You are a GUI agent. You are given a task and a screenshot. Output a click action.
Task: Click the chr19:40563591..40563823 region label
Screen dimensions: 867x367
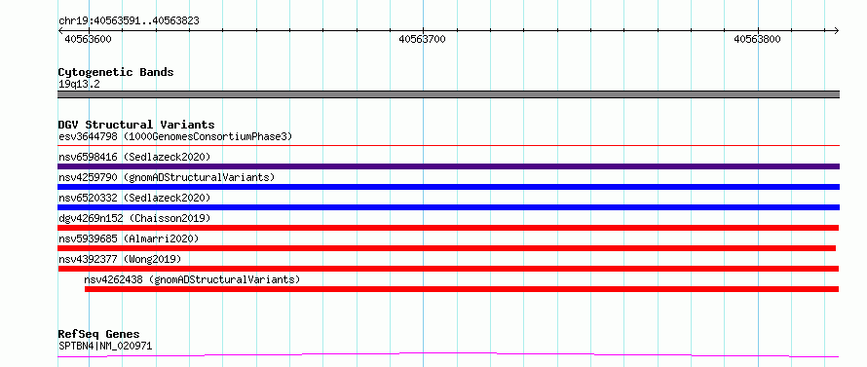click(129, 21)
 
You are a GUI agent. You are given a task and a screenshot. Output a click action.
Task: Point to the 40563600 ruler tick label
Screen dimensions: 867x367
click(88, 39)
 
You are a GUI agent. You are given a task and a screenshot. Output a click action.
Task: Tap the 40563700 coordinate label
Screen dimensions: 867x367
click(422, 39)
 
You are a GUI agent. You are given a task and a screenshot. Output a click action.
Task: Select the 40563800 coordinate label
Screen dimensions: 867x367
click(757, 39)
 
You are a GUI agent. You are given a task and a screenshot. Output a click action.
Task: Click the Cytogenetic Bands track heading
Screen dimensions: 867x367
click(116, 72)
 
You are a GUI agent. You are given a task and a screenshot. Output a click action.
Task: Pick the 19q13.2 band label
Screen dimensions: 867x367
click(79, 85)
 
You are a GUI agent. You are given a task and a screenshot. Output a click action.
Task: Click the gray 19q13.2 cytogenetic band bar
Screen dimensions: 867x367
click(449, 94)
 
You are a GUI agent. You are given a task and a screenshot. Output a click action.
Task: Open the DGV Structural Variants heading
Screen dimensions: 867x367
click(136, 125)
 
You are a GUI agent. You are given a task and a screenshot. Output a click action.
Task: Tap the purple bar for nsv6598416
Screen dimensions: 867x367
click(449, 166)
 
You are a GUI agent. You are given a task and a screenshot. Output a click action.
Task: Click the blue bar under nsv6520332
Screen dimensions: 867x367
click(449, 207)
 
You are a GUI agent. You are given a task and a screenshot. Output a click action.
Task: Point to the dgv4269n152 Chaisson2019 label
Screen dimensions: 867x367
click(134, 218)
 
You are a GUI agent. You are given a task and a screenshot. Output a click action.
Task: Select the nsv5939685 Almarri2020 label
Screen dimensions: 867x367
click(129, 239)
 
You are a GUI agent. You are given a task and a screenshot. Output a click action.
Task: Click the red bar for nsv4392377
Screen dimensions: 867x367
click(448, 269)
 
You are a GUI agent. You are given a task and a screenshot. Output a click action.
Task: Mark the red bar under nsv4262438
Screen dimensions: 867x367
click(462, 289)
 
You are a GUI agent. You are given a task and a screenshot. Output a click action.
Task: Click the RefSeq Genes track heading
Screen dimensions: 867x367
click(98, 335)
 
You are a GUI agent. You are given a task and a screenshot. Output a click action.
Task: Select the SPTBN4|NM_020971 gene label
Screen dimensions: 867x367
click(105, 346)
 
